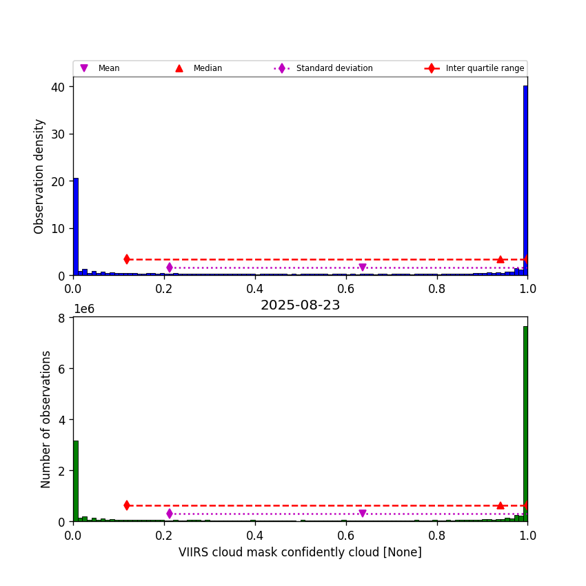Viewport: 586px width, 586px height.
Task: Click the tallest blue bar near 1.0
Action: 525,179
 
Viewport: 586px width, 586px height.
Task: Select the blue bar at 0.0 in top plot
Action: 76,228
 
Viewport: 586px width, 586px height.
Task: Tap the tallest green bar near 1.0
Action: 525,424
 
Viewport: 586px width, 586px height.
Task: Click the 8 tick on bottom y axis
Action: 61,318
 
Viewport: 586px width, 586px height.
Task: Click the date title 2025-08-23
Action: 300,305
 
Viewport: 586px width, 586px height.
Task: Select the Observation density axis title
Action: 39,176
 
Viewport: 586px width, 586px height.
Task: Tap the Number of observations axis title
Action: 46,419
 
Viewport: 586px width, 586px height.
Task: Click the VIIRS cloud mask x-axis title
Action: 300,552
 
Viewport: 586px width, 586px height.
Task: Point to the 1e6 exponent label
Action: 83,309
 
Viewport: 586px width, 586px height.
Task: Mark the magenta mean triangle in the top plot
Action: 363,267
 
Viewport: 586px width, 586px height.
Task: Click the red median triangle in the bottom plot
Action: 501,505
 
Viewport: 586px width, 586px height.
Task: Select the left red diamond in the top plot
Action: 127,259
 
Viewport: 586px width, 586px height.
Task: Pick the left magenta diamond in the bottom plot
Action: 170,514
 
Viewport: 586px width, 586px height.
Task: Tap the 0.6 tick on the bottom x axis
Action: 346,535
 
